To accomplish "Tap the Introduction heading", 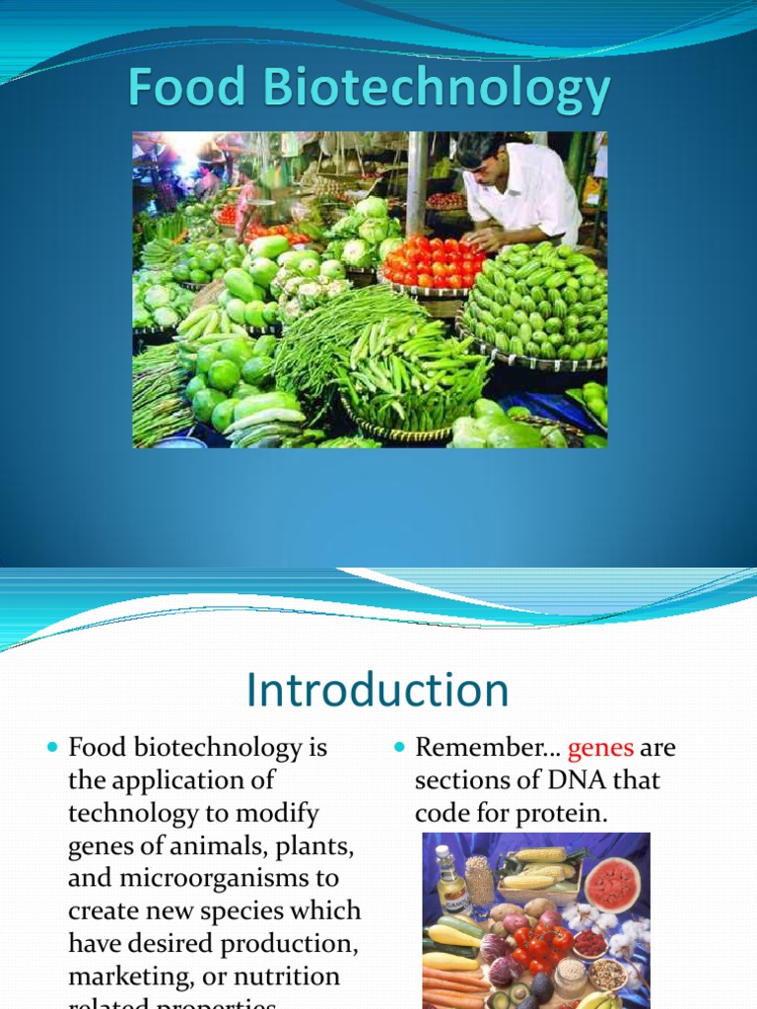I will click(x=378, y=690).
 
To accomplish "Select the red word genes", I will click(x=601, y=748).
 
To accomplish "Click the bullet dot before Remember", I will click(x=399, y=748).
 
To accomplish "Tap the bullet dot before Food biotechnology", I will click(x=53, y=748).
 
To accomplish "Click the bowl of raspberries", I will click(x=589, y=942).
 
